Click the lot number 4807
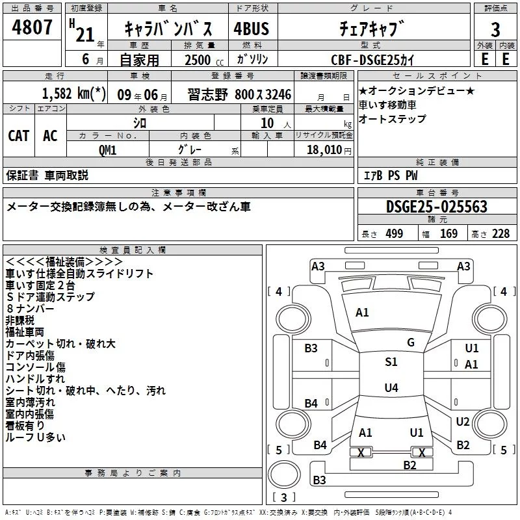(x=32, y=27)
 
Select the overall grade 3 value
(x=495, y=30)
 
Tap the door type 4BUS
(x=252, y=29)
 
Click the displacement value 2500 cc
(x=204, y=60)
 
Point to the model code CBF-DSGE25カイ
(x=372, y=60)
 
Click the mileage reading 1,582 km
(x=73, y=94)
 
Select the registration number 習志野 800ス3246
(x=239, y=94)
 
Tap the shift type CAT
(x=19, y=136)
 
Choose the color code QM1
(x=107, y=150)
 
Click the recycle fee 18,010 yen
(x=329, y=150)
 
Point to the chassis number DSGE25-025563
(x=437, y=207)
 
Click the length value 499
(x=395, y=234)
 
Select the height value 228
(x=500, y=234)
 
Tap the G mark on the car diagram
(x=411, y=343)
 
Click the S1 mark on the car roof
(x=391, y=362)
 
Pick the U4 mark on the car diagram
(x=391, y=387)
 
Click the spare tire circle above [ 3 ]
(x=284, y=474)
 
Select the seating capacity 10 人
(x=276, y=123)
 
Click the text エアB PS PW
(x=391, y=175)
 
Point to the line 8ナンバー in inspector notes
(x=30, y=309)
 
